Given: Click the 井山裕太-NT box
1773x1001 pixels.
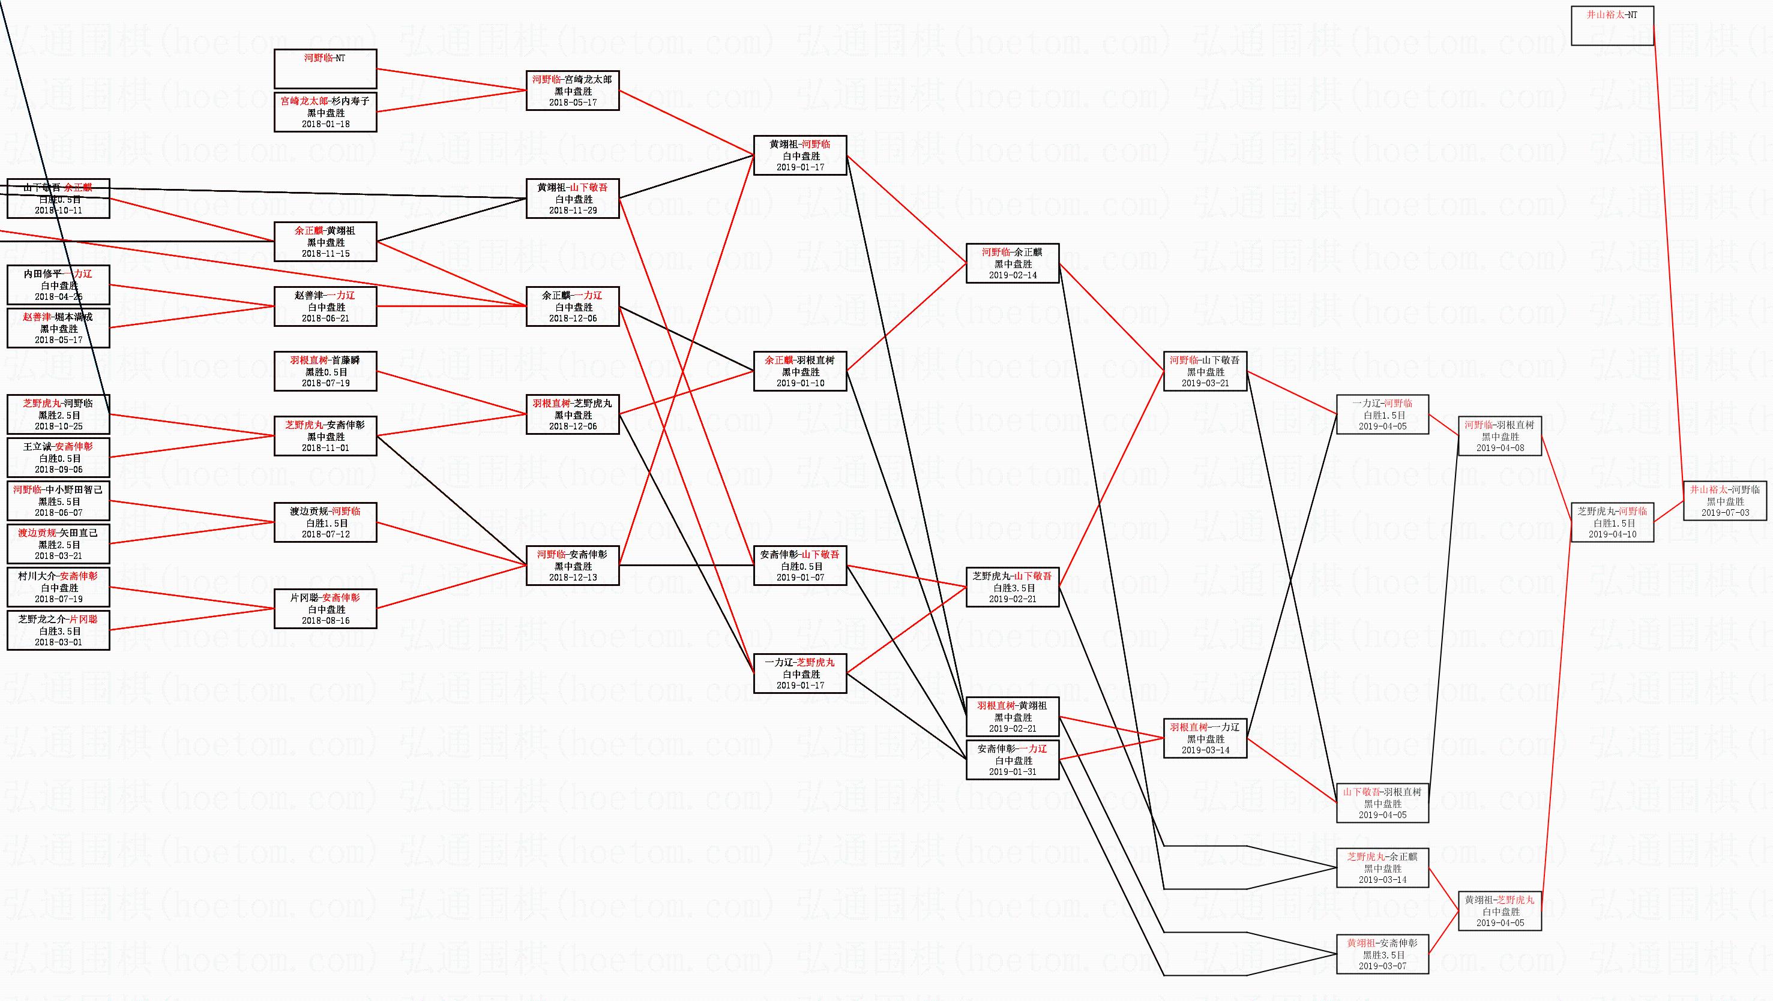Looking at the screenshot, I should click(x=1612, y=25).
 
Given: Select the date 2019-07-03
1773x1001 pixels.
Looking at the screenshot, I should click(x=1725, y=513).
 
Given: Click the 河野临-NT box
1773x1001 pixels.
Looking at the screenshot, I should click(x=325, y=68).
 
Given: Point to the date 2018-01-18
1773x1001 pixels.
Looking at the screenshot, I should click(x=325, y=124).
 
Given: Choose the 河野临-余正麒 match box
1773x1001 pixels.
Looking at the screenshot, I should click(x=1012, y=263).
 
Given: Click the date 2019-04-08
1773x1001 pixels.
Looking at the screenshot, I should click(x=1500, y=448).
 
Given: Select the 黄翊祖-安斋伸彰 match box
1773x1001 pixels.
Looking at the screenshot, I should click(x=1382, y=954).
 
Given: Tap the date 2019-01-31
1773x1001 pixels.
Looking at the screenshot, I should click(x=1012, y=771).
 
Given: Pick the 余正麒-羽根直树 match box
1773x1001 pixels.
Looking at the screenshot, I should click(x=800, y=371).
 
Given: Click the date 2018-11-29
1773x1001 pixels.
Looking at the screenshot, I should click(x=573, y=211).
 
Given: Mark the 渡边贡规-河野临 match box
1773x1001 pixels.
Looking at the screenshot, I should click(x=325, y=522).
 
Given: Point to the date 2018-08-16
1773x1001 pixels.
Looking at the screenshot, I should click(x=325, y=621).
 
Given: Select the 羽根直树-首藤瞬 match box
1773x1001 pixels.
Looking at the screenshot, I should click(x=325, y=371).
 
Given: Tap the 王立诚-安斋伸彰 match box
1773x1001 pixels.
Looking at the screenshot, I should click(x=58, y=458).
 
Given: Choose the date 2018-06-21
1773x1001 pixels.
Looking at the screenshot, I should click(x=325, y=318).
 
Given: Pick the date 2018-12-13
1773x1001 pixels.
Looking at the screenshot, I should click(x=573, y=577).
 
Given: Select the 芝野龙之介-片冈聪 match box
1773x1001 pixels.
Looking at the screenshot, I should click(x=58, y=630).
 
